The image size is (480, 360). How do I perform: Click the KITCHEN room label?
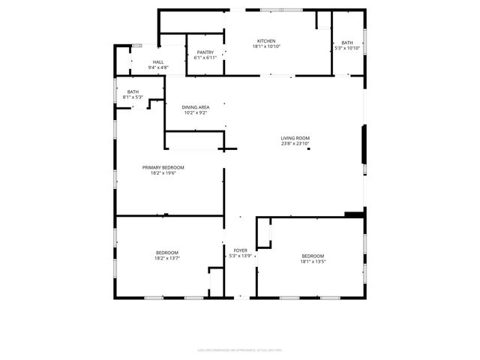[266, 41]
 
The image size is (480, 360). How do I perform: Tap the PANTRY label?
[205, 52]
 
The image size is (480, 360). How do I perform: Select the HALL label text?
[158, 62]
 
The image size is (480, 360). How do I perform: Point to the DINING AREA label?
[196, 107]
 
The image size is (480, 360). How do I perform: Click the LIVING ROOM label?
[295, 138]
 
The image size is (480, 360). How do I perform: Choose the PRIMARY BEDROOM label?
[163, 167]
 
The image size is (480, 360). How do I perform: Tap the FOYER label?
[241, 250]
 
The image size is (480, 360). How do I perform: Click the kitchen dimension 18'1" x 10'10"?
[266, 47]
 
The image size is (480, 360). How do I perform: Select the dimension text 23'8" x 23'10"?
[295, 144]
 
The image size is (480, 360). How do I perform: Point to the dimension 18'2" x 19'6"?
[163, 173]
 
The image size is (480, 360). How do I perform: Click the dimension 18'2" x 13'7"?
[166, 258]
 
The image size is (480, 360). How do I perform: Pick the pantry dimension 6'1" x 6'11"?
[205, 58]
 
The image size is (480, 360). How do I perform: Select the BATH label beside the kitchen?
[347, 43]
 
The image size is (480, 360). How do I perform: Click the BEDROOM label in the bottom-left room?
[166, 252]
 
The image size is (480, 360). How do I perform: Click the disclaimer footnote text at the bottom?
[240, 347]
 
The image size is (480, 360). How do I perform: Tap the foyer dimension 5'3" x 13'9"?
[241, 256]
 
